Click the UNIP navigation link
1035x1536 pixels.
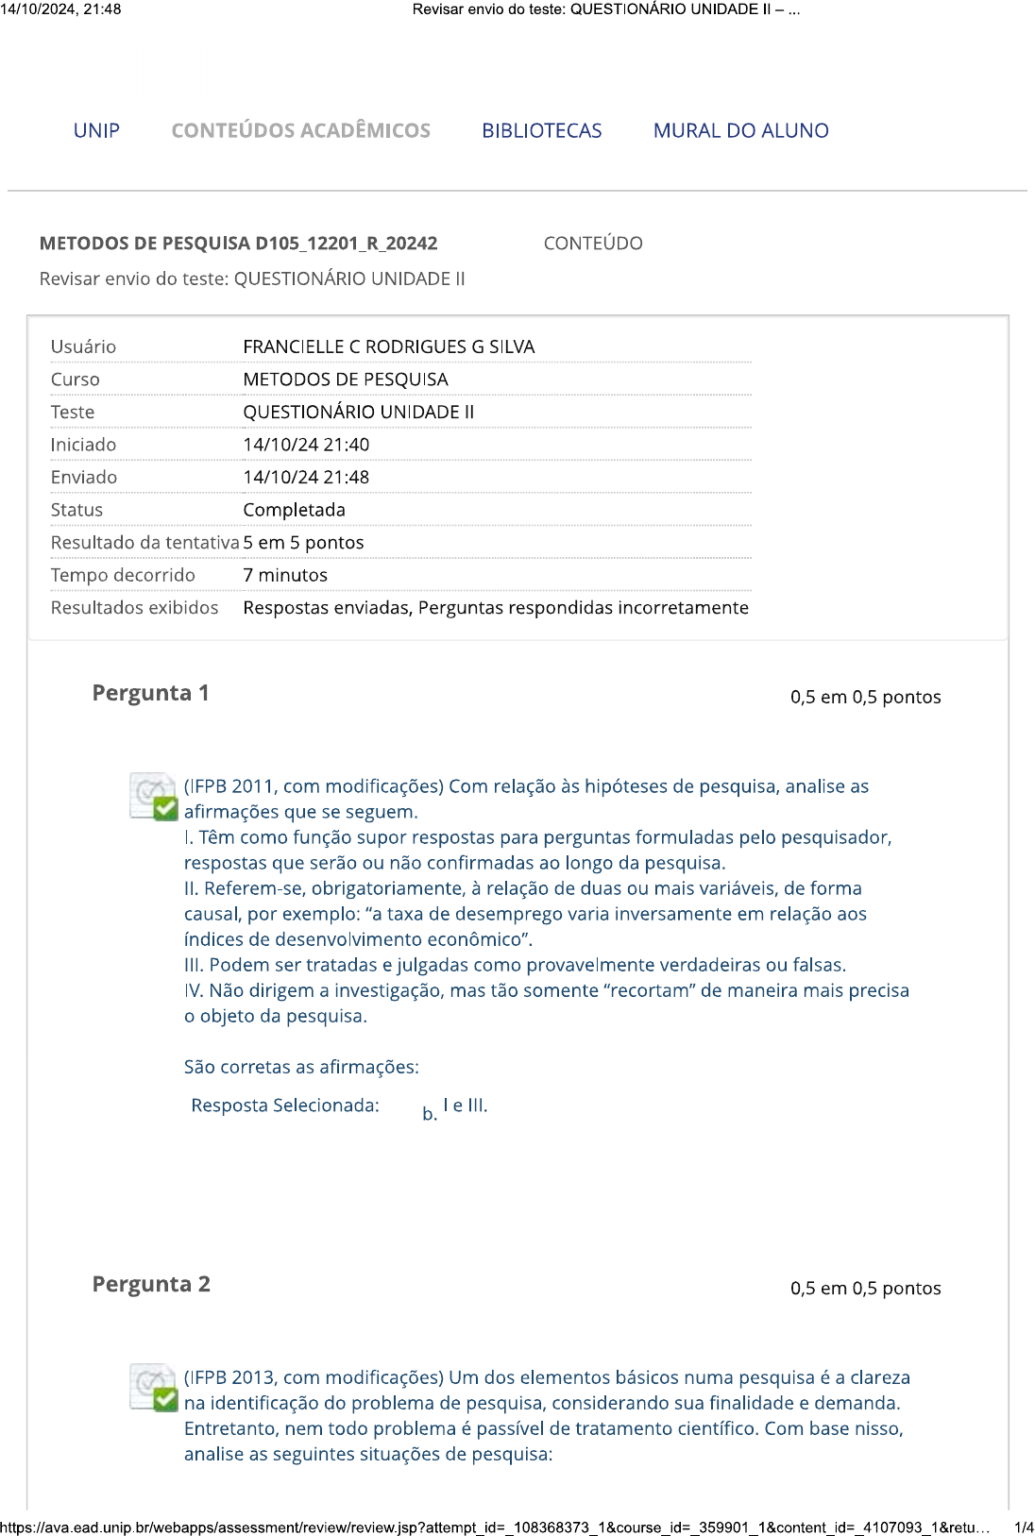click(96, 130)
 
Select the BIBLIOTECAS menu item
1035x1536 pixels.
click(541, 130)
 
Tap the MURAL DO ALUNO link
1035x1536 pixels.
click(740, 130)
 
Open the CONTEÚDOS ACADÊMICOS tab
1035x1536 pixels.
click(300, 130)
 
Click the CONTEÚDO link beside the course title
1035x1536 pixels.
click(592, 244)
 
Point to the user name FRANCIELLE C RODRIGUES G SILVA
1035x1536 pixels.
click(388, 346)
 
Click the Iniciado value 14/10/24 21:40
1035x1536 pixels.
click(306, 445)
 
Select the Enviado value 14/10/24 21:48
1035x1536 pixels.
click(306, 478)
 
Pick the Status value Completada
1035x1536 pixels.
click(294, 510)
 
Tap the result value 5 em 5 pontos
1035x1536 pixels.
click(303, 543)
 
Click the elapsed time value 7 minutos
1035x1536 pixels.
click(285, 575)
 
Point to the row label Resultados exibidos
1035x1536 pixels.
click(134, 608)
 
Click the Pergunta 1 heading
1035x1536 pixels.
click(150, 693)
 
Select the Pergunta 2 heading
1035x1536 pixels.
click(151, 1284)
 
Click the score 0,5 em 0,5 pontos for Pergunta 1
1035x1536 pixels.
click(865, 697)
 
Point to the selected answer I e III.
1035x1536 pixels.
click(465, 1106)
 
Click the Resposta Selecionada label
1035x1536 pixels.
click(285, 1106)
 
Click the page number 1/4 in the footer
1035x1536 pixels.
click(1023, 1528)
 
